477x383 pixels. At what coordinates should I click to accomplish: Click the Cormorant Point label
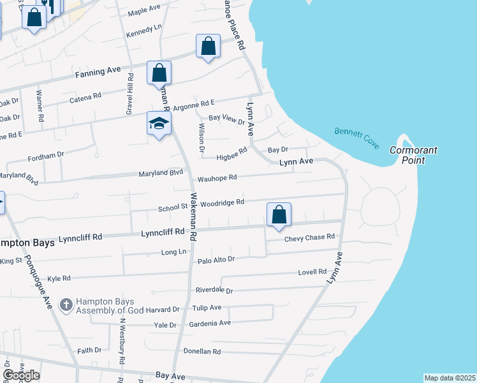point(413,155)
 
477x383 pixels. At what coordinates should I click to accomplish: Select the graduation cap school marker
point(159,124)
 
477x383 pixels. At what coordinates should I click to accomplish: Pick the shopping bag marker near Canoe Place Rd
point(208,47)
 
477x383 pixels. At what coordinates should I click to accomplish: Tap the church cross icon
point(66,304)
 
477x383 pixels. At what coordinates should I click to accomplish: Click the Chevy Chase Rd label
point(309,237)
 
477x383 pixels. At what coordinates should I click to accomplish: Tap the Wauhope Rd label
point(217,178)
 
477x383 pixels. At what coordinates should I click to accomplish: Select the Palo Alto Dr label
point(216,260)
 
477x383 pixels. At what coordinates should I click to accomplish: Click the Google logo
point(20,375)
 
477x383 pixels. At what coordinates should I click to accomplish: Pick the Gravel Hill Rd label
point(130,93)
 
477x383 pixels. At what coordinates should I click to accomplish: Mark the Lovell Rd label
point(312,272)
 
